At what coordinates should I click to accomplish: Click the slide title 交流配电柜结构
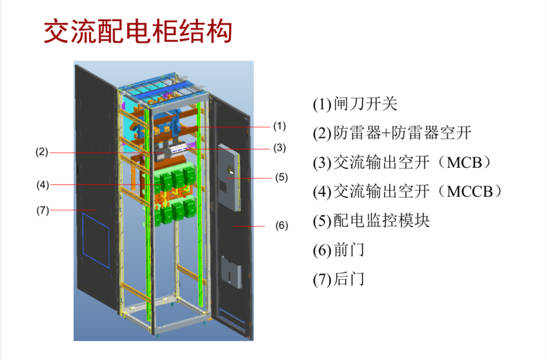138,31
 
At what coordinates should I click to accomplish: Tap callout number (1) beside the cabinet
279,126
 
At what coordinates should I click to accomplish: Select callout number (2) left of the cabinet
42,152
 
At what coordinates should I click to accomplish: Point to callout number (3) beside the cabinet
279,148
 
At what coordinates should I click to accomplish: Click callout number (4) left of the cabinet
43,184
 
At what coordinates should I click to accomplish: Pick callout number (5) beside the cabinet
281,177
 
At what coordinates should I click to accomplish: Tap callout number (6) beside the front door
282,225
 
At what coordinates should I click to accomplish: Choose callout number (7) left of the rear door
43,211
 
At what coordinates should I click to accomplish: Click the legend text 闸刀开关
365,104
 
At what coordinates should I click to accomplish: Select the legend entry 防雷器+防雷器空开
402,134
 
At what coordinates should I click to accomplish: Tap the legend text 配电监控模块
381,221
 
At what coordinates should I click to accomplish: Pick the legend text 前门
349,250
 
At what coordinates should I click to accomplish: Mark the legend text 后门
349,279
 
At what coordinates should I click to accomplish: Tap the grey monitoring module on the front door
229,178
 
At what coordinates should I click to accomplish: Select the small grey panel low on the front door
231,272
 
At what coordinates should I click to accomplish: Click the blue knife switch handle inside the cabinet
176,124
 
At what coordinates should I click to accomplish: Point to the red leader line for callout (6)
249,226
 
